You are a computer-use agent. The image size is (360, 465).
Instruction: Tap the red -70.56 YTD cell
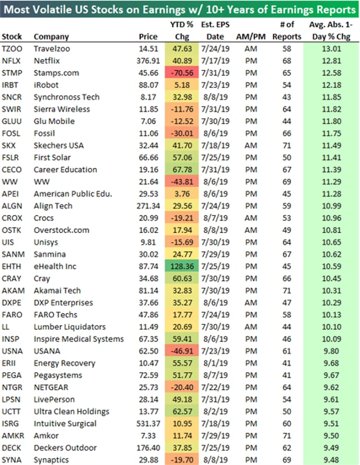pyautogui.click(x=182, y=73)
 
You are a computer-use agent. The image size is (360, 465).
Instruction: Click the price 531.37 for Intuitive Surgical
pyautogui.click(x=146, y=423)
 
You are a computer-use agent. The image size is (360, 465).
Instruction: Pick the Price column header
pyautogui.click(x=148, y=37)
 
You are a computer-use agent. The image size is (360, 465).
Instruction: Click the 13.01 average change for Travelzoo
pyautogui.click(x=330, y=48)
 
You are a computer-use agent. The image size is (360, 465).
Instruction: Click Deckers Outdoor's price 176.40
pyautogui.click(x=146, y=448)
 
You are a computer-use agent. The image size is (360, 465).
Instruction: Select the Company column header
pyautogui.click(x=51, y=37)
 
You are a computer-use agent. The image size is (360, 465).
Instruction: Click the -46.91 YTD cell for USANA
pyautogui.click(x=182, y=351)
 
